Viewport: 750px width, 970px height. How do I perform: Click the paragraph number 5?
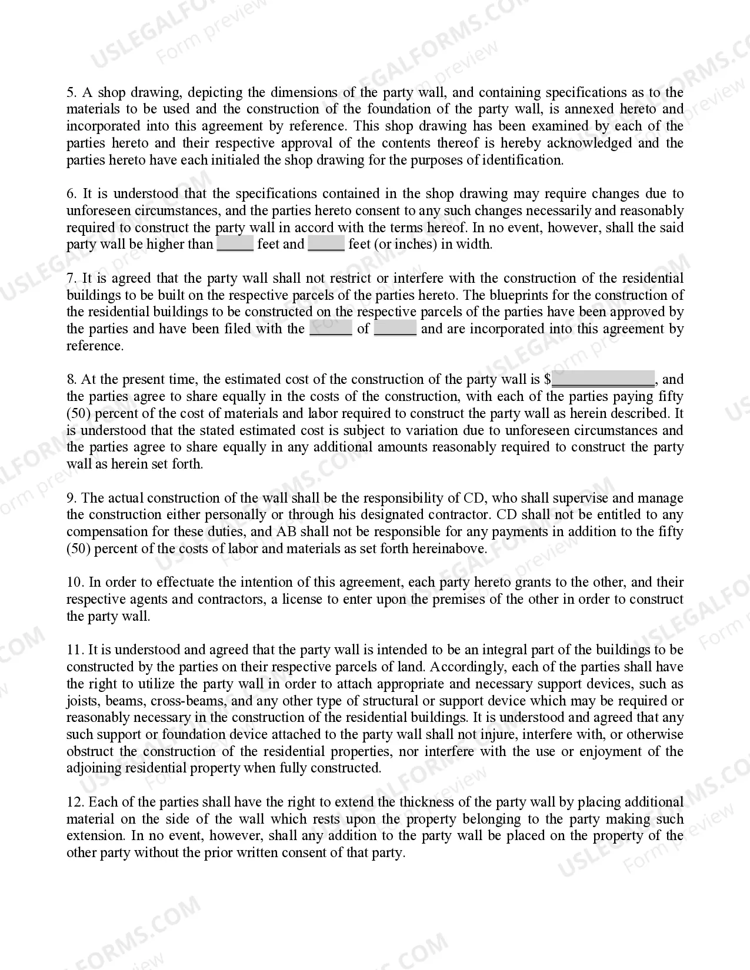[x=71, y=92]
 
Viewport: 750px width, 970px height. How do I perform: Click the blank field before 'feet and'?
[x=235, y=244]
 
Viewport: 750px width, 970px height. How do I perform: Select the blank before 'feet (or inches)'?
[x=326, y=244]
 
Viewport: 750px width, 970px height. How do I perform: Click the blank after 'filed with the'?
[x=331, y=329]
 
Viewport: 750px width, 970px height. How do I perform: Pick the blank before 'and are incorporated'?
[x=395, y=329]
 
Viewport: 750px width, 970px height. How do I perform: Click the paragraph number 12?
[x=75, y=802]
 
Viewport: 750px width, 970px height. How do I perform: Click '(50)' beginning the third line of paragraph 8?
[x=78, y=413]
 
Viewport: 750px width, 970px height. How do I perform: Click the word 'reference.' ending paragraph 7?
[x=95, y=346]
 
